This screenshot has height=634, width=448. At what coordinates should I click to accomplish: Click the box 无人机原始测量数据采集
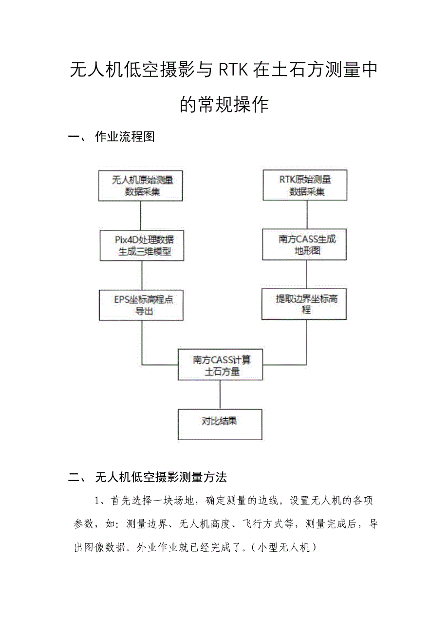pos(141,186)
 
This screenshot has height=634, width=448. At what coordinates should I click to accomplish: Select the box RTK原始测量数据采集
pos(305,185)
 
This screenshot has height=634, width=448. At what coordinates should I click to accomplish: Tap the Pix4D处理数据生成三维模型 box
pos(142,245)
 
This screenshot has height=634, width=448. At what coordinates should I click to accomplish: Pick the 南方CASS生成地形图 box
pos(305,244)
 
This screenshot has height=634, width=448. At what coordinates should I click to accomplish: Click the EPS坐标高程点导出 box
pos(141,305)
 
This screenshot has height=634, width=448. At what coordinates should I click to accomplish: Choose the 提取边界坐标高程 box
pos(304,304)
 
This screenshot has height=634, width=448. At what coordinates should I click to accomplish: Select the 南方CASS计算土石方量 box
pos(220,365)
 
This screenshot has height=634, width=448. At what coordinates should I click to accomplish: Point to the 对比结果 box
pos(220,425)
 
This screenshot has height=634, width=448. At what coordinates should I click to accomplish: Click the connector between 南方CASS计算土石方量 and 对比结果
pos(220,394)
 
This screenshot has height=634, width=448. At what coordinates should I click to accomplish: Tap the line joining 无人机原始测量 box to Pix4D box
pos(141,215)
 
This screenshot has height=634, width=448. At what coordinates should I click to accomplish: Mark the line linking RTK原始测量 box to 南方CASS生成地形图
pos(306,214)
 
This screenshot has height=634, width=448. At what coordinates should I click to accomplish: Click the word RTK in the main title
pos(233,71)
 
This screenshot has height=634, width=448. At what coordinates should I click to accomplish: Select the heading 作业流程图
pos(125,137)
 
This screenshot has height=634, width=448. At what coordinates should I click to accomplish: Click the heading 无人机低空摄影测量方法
pos(161,477)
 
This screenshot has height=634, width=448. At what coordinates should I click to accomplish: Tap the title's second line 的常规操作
pos(224,104)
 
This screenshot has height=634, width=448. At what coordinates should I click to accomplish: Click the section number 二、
pos(77,477)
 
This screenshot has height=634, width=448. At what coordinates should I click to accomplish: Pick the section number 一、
pos(77,137)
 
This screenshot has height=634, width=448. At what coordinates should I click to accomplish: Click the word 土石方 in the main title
pos(304,71)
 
